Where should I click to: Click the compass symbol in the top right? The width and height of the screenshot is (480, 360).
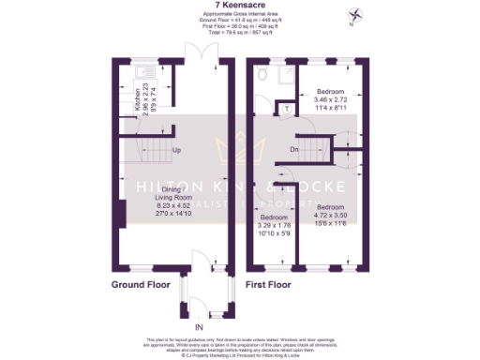click(354, 15)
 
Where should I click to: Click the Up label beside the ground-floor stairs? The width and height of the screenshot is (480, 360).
click(176, 149)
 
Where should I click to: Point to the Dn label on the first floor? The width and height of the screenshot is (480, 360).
click(293, 150)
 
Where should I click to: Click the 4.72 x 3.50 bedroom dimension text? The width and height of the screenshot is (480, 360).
click(333, 215)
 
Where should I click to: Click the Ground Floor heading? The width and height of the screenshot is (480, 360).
click(142, 283)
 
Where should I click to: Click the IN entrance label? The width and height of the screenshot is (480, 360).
click(198, 326)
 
